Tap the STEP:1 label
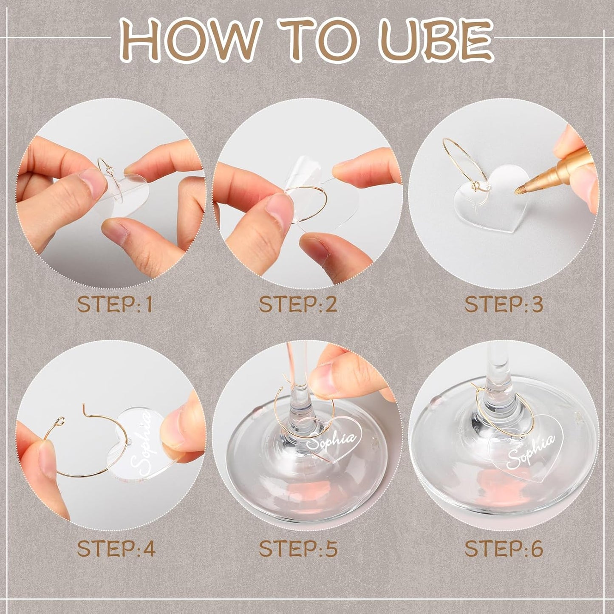(x=115, y=305)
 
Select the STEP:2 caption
(x=298, y=305)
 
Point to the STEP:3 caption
(x=504, y=305)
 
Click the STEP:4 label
(x=116, y=549)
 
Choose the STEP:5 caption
(x=298, y=549)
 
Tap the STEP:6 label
(x=504, y=549)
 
